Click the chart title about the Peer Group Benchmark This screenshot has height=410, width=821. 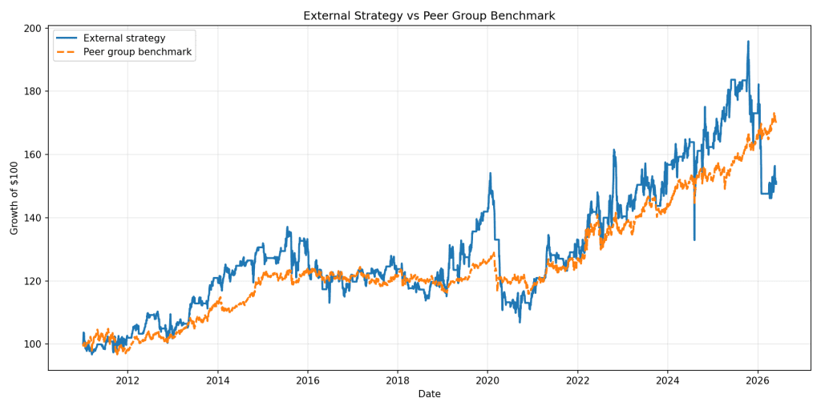click(429, 16)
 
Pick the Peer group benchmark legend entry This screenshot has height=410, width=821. click(125, 53)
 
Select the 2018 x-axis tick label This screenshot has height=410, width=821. click(398, 380)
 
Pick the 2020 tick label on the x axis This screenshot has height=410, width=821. click(487, 380)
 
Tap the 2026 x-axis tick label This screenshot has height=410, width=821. click(758, 380)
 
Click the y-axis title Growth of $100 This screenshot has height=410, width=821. click(14, 198)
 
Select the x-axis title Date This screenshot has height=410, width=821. click(429, 394)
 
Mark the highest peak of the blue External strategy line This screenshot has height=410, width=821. click(748, 42)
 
